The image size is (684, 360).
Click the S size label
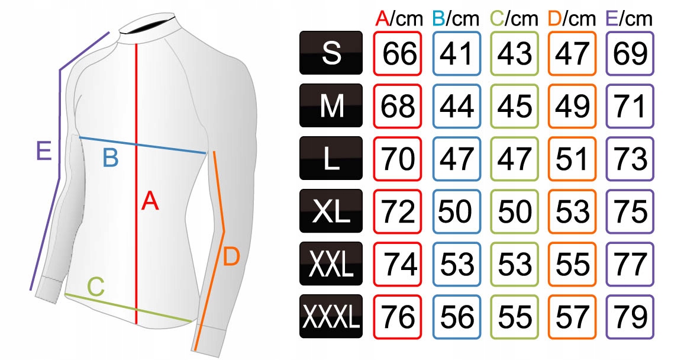(x=331, y=53)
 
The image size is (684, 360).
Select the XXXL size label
(x=331, y=317)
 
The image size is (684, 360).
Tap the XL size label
(x=331, y=211)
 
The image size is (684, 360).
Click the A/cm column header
(x=399, y=18)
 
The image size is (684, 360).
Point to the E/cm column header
(x=630, y=18)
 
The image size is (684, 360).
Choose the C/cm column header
(x=515, y=18)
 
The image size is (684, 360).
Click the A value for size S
(x=398, y=53)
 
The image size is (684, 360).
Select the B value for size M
(x=456, y=106)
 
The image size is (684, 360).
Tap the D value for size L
(x=572, y=159)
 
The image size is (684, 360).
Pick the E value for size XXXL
(x=630, y=317)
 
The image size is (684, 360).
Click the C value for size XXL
(x=514, y=264)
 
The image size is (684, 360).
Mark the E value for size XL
(x=630, y=211)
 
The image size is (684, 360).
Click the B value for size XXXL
(x=456, y=317)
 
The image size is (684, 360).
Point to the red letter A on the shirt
(x=150, y=202)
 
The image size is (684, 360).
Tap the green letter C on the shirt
(x=96, y=288)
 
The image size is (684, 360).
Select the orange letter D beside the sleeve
(x=231, y=257)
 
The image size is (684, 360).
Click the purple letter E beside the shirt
(x=43, y=152)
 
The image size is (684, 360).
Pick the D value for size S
(x=572, y=53)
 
